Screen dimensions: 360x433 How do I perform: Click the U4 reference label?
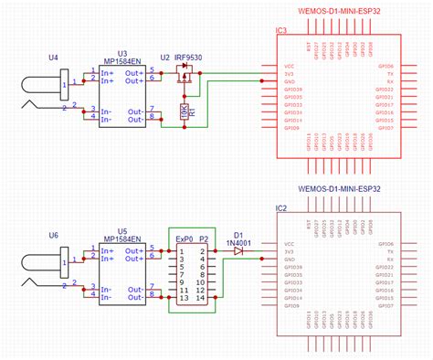[52, 58]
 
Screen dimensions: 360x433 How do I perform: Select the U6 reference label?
[52, 235]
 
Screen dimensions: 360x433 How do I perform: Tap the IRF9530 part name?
[190, 57]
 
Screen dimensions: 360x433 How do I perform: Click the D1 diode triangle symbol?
[238, 250]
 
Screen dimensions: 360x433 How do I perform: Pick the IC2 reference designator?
[281, 208]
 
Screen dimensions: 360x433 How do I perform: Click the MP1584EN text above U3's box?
[122, 66]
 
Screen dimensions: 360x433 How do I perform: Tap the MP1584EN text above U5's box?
[122, 243]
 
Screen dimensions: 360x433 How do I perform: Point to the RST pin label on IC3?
[314, 43]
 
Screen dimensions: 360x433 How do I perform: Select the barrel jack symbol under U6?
[46, 267]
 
